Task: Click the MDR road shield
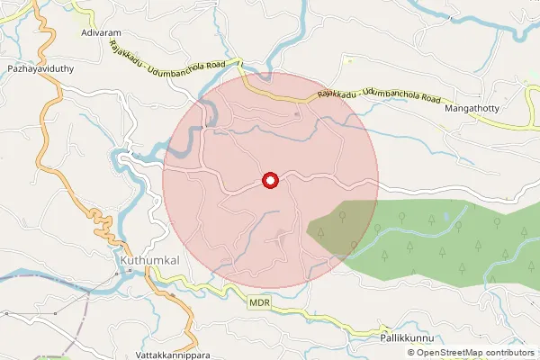pos(260,306)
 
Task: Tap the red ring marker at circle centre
pos(269,181)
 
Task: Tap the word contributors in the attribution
pos(509,352)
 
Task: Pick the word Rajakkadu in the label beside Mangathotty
pos(336,94)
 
